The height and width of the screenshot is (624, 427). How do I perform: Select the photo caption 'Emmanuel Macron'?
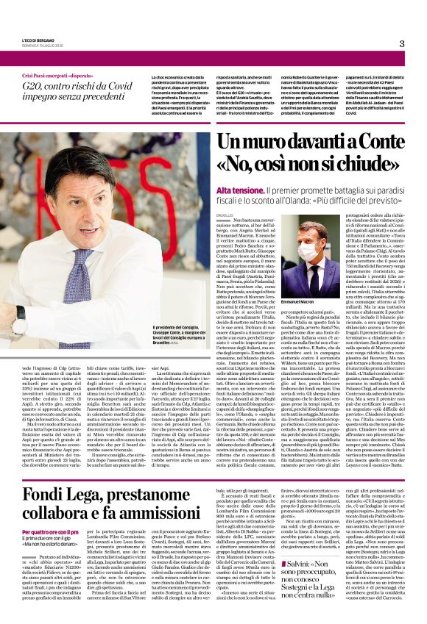pos(297,302)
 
